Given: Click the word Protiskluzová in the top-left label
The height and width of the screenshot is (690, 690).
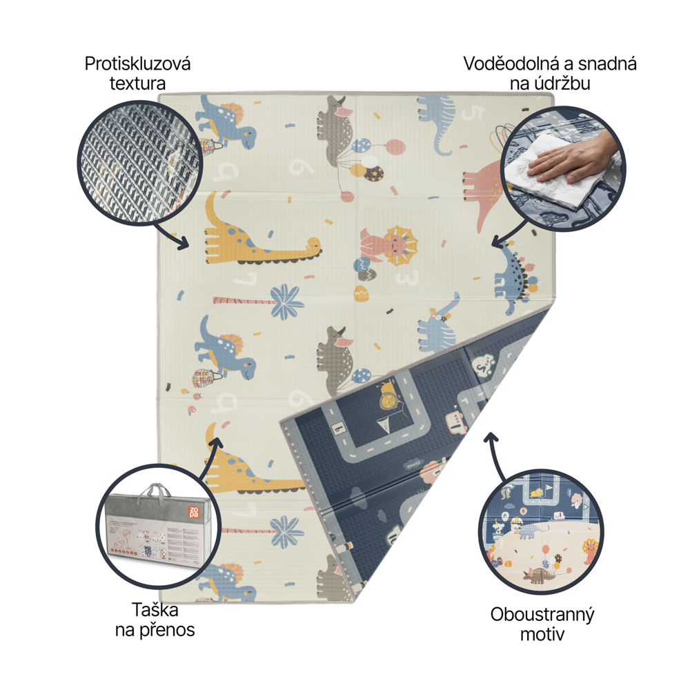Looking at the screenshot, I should tap(137, 64).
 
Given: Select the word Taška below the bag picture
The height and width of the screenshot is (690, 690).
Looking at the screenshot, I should tap(155, 610).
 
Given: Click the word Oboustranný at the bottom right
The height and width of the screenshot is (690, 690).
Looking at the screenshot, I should tap(542, 615).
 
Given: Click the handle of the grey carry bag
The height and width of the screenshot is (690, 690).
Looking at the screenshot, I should tap(156, 492).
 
